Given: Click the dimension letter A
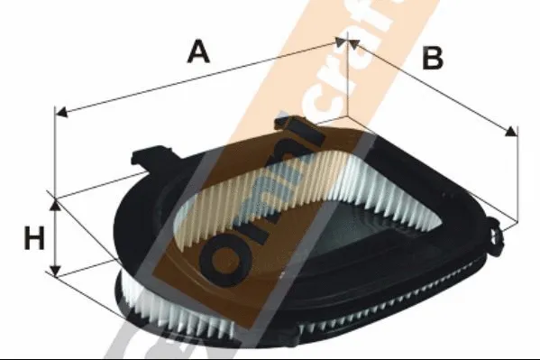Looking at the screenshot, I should [x=198, y=51].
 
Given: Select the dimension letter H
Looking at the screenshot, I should [x=33, y=238].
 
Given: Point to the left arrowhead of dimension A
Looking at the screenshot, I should [x=60, y=113].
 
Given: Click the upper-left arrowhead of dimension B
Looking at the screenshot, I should [x=350, y=42].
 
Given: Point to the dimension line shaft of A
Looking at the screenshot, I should [x=198, y=77].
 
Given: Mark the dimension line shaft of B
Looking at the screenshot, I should [x=433, y=88].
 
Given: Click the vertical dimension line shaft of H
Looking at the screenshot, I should [x=56, y=237].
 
